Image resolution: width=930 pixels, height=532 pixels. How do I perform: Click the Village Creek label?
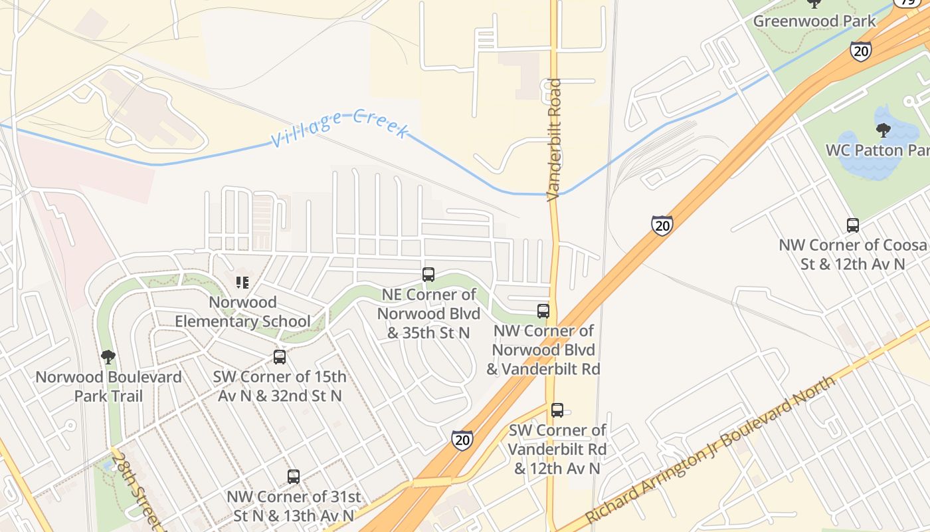pos(339,128)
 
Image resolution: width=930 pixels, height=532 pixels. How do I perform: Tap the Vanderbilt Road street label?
pos(555,140)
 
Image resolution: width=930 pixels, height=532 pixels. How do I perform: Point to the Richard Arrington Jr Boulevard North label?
pos(709,450)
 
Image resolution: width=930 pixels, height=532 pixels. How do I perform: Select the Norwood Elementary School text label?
pos(242,312)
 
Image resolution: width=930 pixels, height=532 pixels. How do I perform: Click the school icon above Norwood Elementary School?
pos(242,283)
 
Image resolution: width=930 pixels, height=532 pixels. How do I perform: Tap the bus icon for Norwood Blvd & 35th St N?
pos(428,274)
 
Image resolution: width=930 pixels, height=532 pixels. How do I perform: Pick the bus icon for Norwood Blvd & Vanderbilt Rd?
pos(543,311)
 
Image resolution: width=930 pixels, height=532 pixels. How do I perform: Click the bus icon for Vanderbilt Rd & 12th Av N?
pos(557,410)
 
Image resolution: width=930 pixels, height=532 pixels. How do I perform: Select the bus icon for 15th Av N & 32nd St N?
pos(280,357)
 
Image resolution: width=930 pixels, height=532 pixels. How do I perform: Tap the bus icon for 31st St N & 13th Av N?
pos(294,476)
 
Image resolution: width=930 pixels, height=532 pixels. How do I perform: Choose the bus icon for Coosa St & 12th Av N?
pos(853,225)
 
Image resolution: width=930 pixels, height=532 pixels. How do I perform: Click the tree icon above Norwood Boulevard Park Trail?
pos(108,357)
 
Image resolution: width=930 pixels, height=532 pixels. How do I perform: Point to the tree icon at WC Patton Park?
pos(883,130)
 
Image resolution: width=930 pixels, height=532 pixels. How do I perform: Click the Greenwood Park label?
pos(814,21)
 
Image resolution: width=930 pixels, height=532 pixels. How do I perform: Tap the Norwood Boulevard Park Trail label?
pos(108,386)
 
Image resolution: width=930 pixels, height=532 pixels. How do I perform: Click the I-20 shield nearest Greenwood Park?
pos(861,51)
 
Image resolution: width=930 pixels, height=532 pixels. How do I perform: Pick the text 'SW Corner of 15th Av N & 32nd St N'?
pos(280,386)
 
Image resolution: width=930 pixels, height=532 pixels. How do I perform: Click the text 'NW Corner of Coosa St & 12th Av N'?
pos(853,254)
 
